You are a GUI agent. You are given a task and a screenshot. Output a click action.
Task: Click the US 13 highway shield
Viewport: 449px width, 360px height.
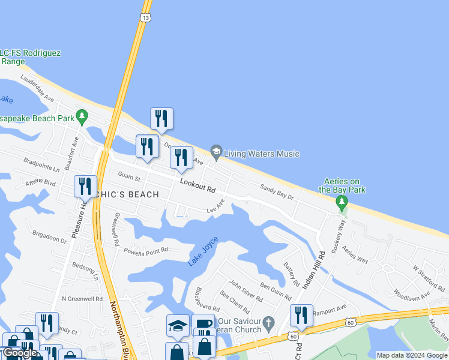(145, 18)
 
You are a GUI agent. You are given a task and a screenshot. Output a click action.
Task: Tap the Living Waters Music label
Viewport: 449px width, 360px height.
(261, 154)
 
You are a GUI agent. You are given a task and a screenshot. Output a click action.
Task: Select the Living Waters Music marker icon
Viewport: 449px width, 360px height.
(216, 151)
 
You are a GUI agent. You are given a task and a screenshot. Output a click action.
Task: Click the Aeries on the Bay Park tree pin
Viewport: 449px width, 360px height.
(342, 202)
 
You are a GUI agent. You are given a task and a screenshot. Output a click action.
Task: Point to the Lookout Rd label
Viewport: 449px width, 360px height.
(197, 187)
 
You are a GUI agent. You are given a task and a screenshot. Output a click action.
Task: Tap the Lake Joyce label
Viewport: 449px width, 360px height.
(202, 252)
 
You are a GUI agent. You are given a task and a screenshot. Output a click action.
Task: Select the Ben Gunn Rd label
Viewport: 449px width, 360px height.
(276, 290)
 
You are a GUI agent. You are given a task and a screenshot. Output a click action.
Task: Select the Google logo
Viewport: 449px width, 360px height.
(20, 353)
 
